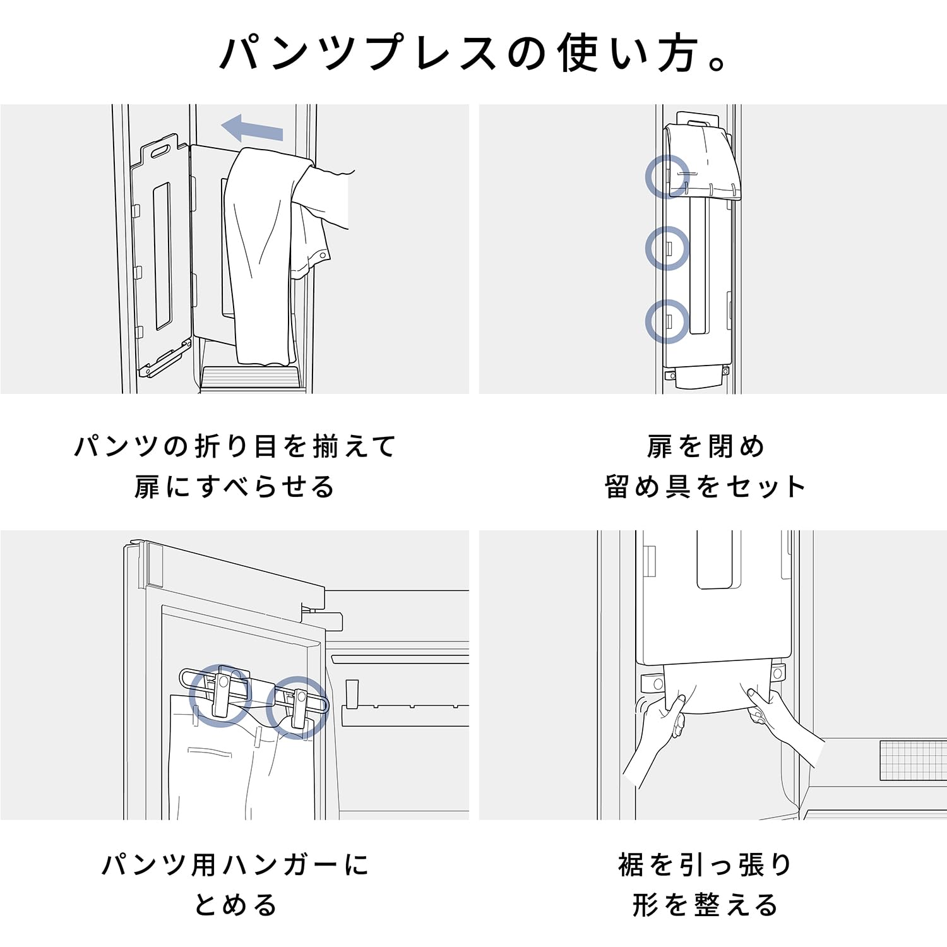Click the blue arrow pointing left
[x=251, y=128]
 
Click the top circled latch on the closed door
[x=667, y=177]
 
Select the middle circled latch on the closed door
[x=667, y=248]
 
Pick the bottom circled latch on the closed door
[x=667, y=321]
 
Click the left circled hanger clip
[x=221, y=695]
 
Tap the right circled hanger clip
[x=296, y=707]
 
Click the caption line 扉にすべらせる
[x=234, y=487]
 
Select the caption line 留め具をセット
[x=705, y=487]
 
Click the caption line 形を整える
[x=705, y=905]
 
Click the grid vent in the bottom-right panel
[x=912, y=760]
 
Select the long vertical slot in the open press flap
[x=163, y=255]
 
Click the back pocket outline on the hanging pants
[x=210, y=752]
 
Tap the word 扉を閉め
[x=705, y=447]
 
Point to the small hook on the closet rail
[x=352, y=694]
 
